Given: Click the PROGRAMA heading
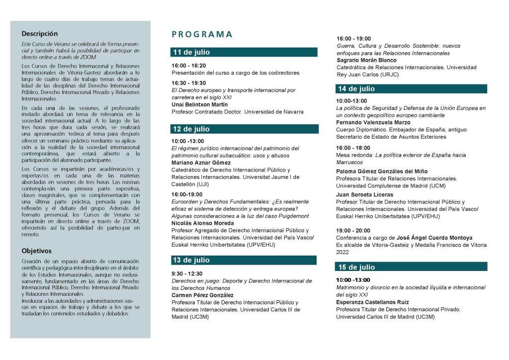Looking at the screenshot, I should click(202, 34).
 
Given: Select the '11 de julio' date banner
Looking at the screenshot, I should click(243, 52).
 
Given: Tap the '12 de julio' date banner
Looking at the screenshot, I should click(243, 129).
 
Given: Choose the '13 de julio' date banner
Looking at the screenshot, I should click(243, 260).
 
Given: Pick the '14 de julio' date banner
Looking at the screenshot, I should click(410, 89).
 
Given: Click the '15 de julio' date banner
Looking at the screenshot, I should click(410, 267).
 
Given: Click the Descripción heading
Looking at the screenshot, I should click(40, 34).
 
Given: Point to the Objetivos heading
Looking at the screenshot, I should click(36, 251).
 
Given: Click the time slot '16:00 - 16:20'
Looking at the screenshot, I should click(188, 65).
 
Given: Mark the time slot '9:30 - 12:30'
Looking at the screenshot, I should click(186, 273).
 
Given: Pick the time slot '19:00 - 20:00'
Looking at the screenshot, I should click(353, 231).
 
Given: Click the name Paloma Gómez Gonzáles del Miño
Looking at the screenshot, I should click(382, 172).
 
